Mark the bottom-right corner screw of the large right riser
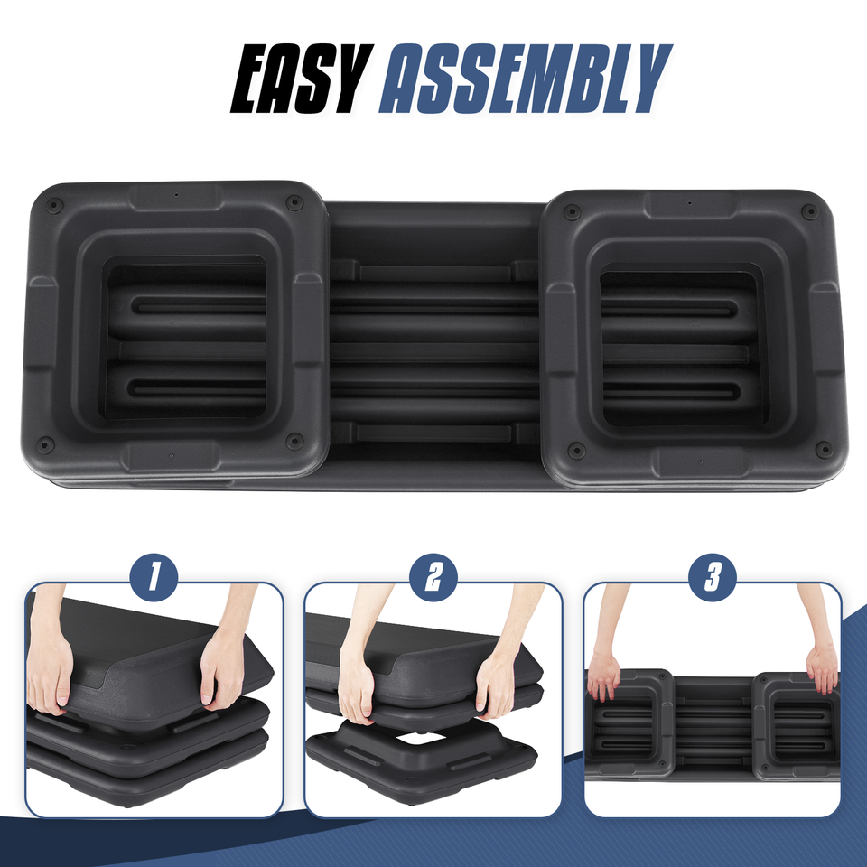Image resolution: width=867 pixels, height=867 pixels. (822, 448)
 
